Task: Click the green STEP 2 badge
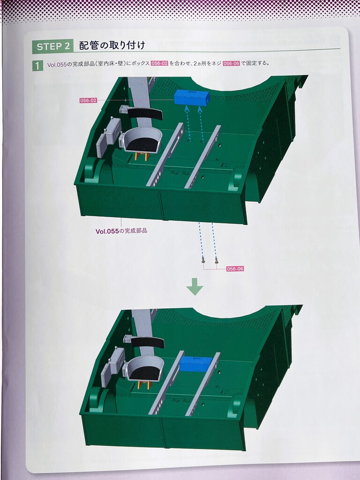coord(53,46)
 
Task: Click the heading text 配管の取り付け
coord(112,45)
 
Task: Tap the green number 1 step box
coord(37,66)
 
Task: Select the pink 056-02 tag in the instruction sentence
coord(159,63)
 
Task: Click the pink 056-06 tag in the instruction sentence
coord(232,63)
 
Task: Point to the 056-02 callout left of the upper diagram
coord(88,100)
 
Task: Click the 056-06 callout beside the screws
coord(235,269)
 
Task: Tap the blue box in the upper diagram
coord(192,98)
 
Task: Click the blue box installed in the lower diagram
coord(196,364)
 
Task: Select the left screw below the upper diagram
coord(202,261)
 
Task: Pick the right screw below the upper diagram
coord(217,261)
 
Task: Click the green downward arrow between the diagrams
coord(195,286)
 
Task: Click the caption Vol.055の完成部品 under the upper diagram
coord(121,231)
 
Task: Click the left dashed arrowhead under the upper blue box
coord(187,108)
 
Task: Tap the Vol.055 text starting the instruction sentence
coord(57,65)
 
